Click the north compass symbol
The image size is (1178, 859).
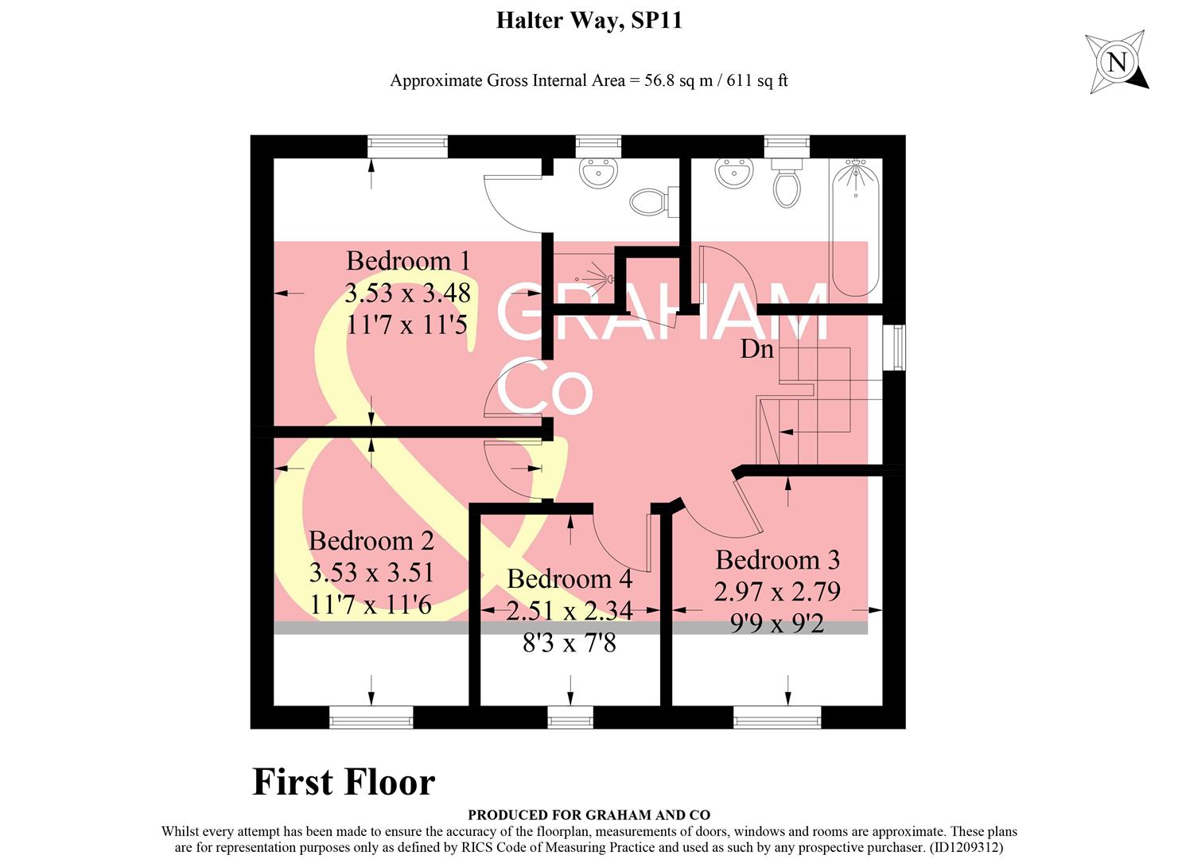coord(1118,62)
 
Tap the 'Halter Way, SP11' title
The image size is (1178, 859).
coord(589,20)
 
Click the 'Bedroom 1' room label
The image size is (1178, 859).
coord(408,261)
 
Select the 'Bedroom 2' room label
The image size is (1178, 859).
coord(371,541)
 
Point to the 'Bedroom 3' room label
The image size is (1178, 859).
coord(777,560)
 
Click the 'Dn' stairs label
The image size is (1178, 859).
coord(756,349)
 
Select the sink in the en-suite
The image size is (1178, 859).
coord(597,173)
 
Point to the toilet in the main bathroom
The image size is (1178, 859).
coord(786,187)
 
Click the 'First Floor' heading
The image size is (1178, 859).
coord(344,782)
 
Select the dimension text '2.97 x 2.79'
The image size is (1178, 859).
coord(777,592)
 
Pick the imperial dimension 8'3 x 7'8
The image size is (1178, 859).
coord(570,643)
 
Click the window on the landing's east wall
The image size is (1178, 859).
coord(897,347)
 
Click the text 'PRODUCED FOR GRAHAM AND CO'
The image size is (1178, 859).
coord(589,814)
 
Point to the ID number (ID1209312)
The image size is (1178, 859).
coord(970,848)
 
